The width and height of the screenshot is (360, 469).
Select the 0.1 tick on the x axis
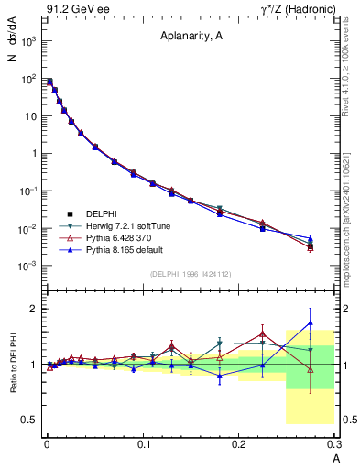(x=142, y=442)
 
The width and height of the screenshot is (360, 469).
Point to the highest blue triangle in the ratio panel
(x=311, y=322)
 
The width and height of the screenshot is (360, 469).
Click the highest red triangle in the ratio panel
(x=262, y=333)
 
